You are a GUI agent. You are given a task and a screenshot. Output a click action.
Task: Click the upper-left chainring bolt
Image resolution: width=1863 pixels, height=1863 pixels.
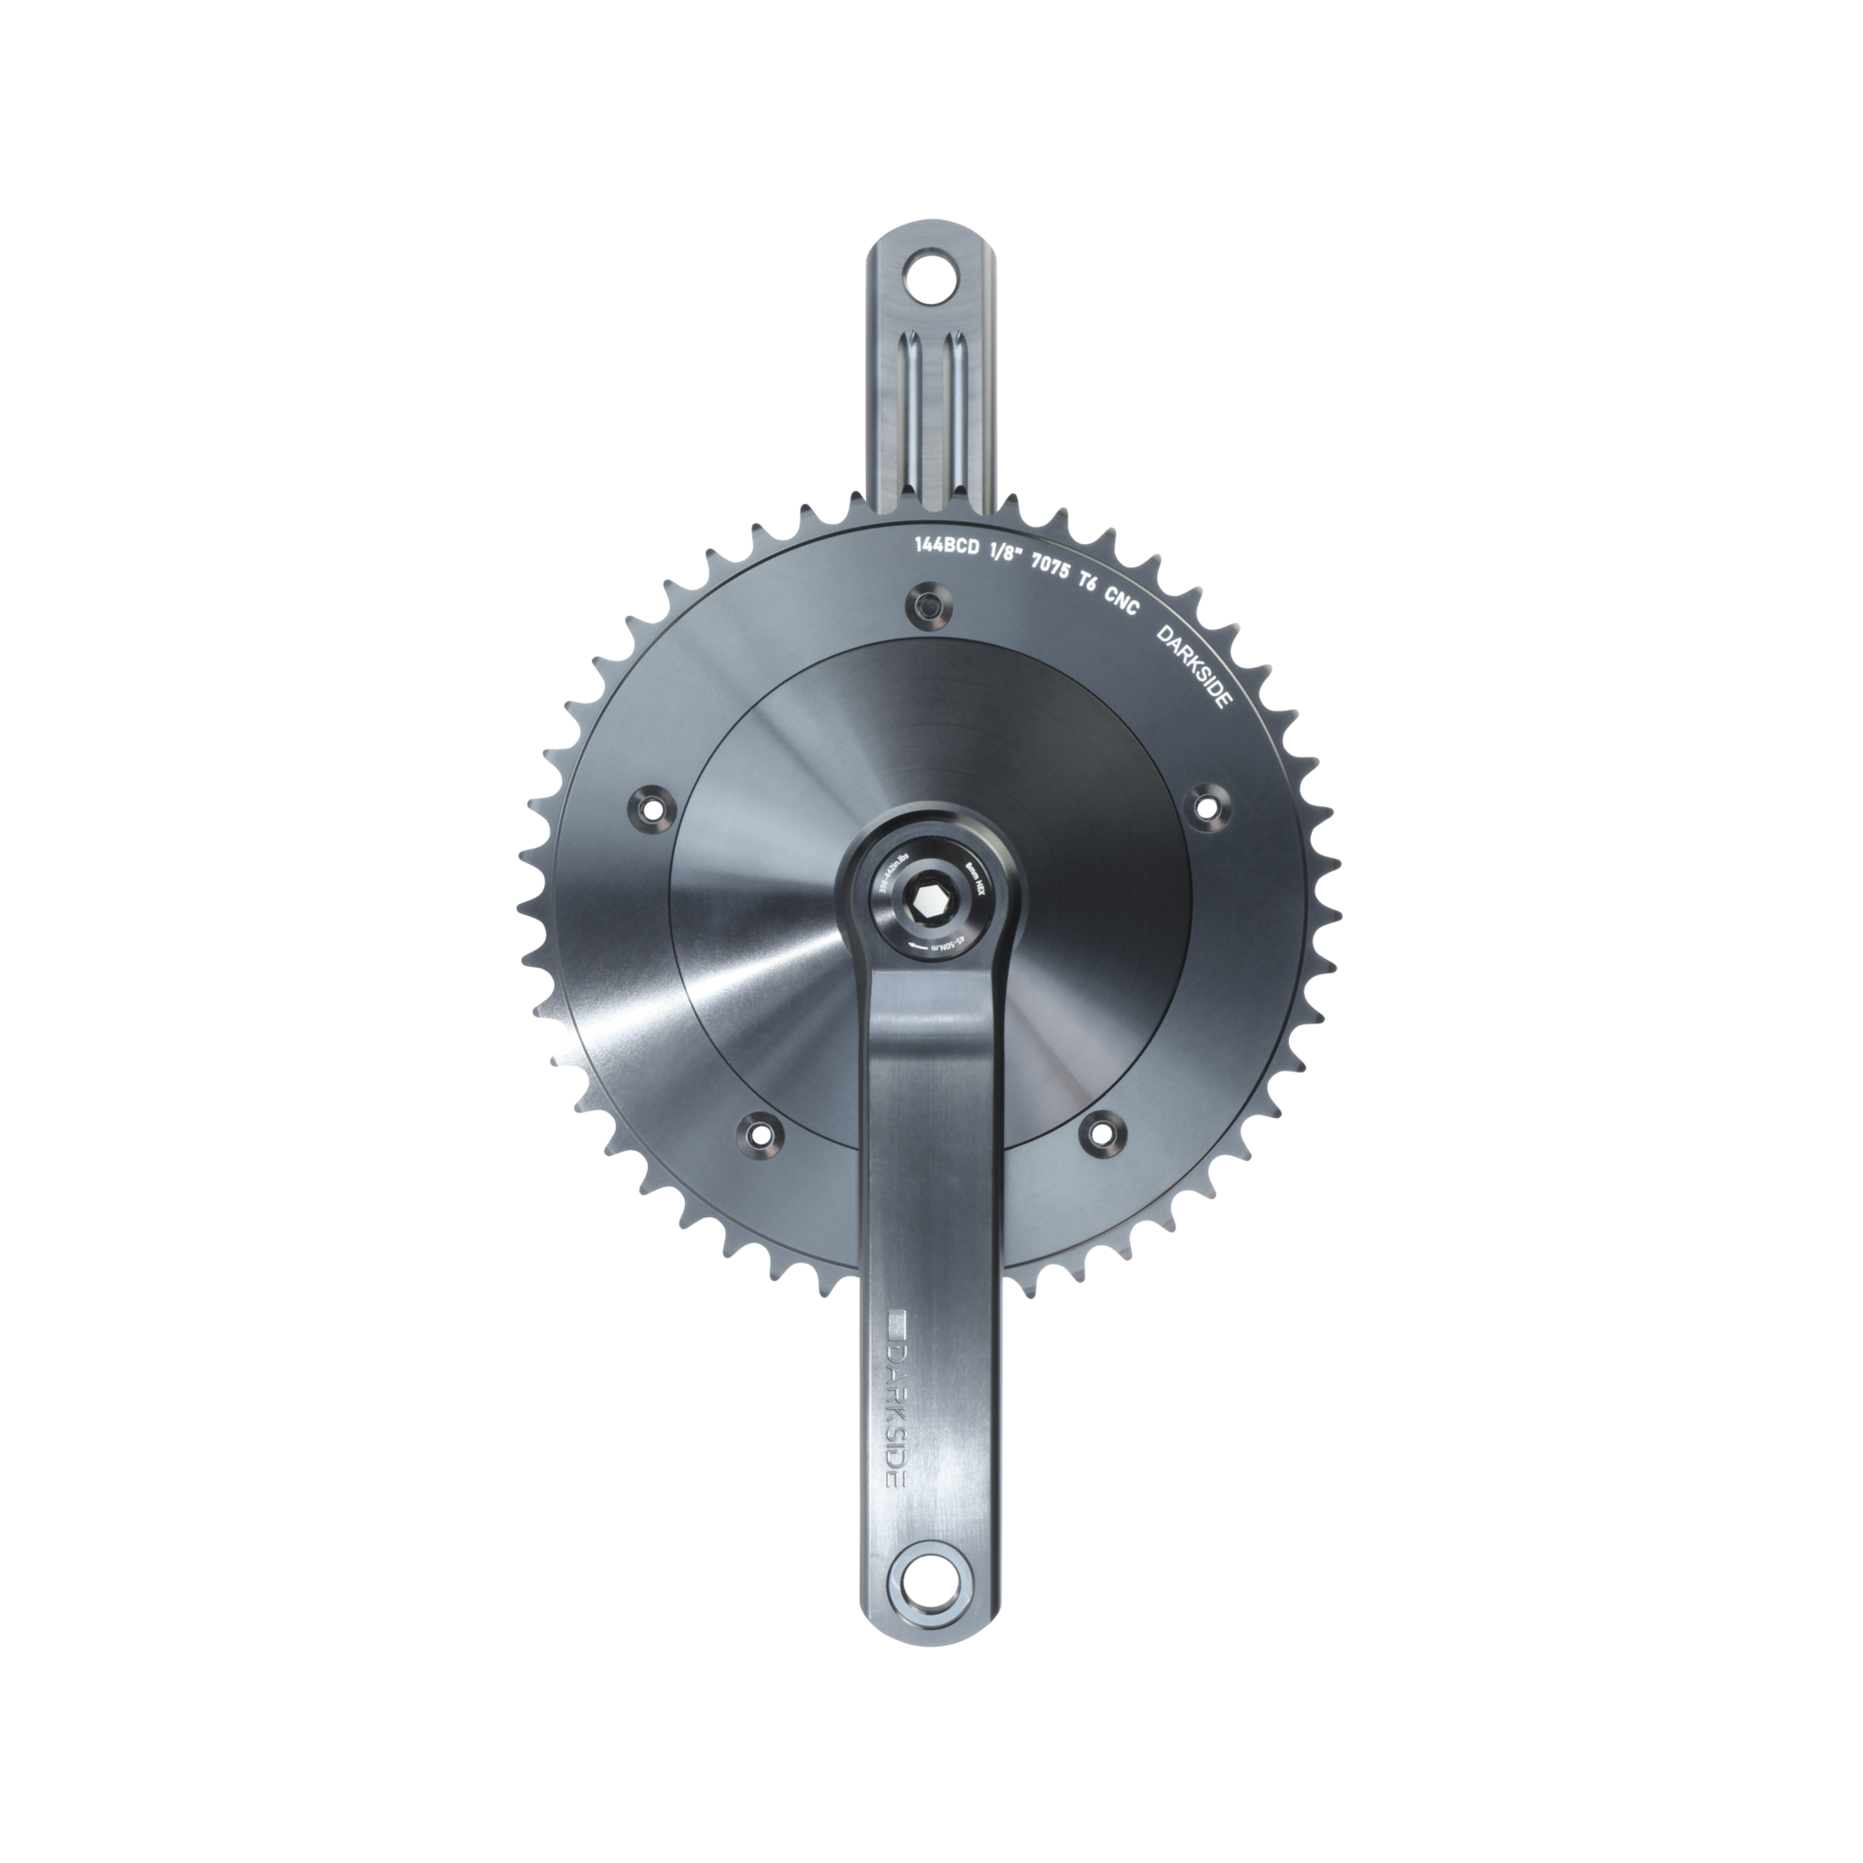(651, 805)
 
